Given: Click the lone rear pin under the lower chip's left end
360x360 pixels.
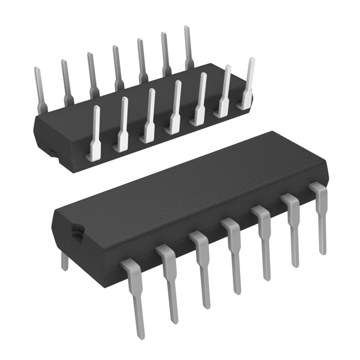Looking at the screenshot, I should coord(65,260).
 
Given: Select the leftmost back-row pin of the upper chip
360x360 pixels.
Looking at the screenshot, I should coord(39,90).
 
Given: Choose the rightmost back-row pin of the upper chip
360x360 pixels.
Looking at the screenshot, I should coord(188,48).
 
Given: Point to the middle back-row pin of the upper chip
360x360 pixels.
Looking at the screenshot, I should coord(117,67).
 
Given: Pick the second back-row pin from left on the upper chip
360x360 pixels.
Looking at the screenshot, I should coord(66,82).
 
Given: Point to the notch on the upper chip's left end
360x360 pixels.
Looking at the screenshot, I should coord(49,151).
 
